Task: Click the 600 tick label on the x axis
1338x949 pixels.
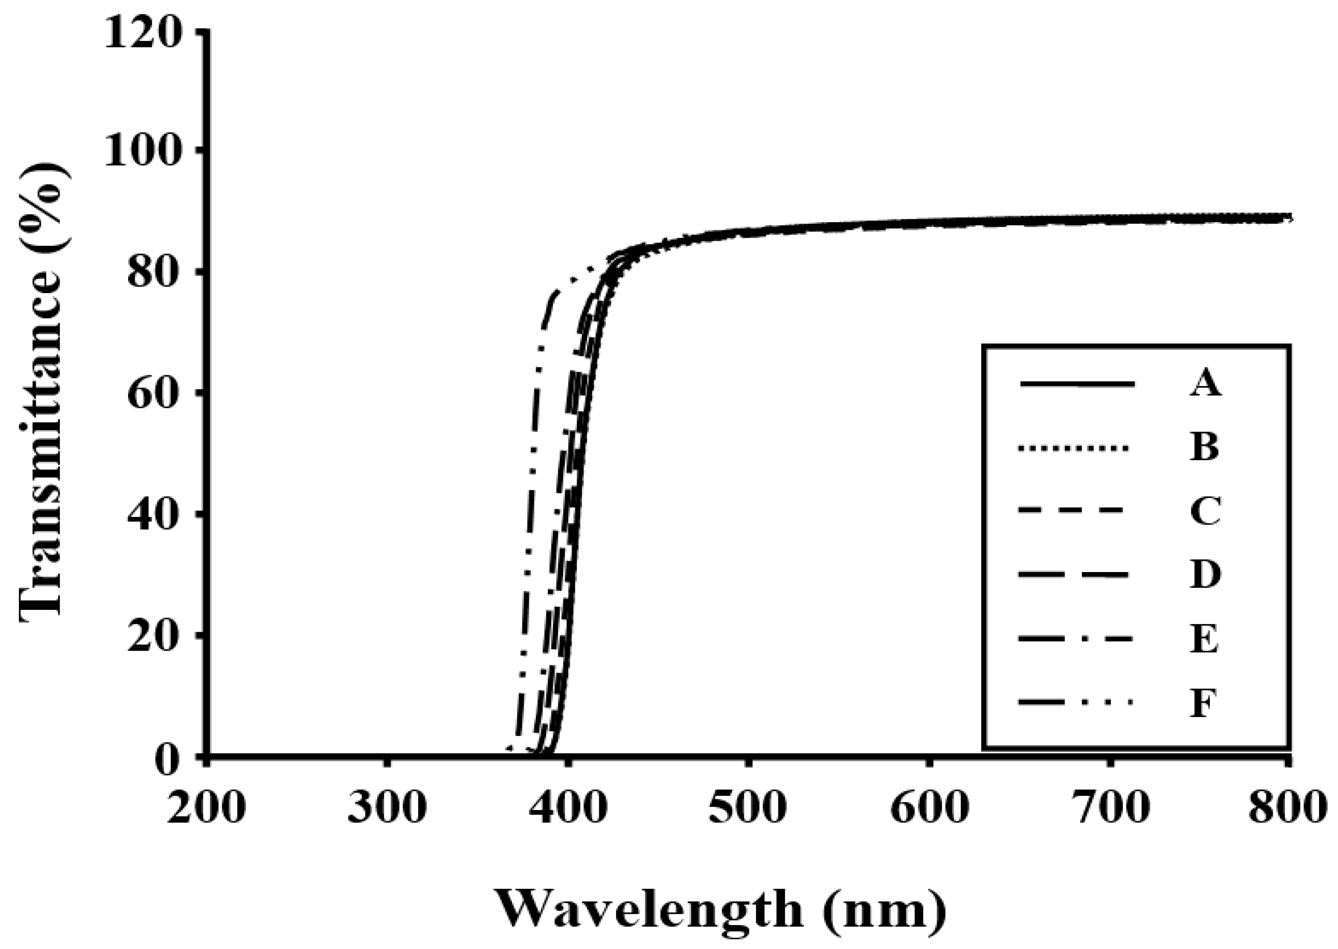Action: click(929, 808)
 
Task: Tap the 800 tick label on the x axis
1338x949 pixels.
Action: click(1288, 808)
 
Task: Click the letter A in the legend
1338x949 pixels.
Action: click(1205, 385)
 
